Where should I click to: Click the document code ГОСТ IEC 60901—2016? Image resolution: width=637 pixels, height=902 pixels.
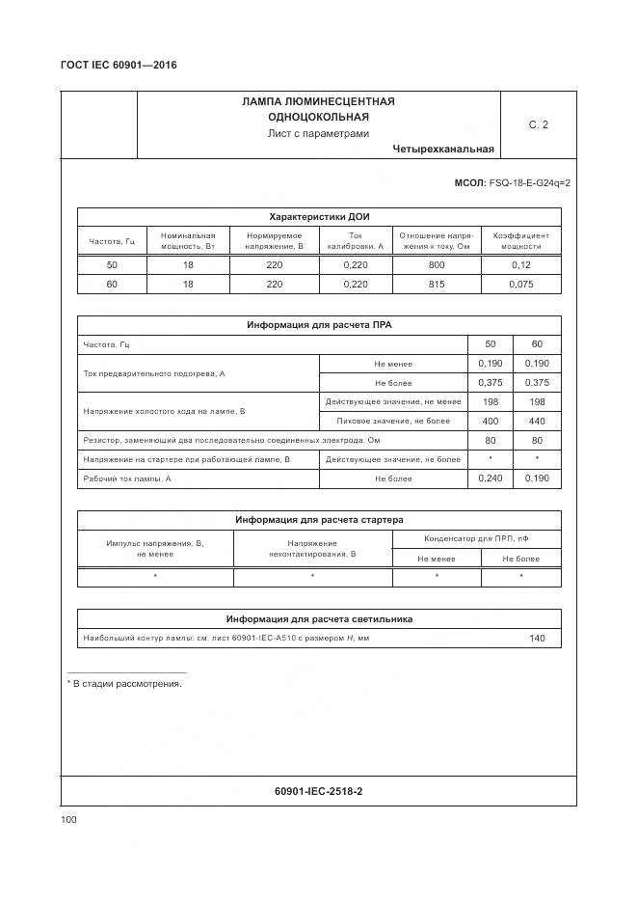[x=119, y=66]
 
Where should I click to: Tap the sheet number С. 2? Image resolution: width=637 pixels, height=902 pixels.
[x=538, y=124]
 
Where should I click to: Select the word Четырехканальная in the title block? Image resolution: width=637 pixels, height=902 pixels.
[x=443, y=149]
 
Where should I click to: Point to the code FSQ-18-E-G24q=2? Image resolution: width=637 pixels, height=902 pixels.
[x=529, y=182]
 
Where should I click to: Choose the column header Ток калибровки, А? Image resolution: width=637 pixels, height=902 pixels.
[x=356, y=240]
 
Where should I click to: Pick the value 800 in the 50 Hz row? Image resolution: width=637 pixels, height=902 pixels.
[x=437, y=264]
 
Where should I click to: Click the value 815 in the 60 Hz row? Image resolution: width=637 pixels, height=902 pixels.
[x=437, y=285]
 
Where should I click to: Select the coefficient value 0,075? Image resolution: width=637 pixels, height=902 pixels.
[x=521, y=285]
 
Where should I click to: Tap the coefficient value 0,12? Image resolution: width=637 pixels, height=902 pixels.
[x=521, y=264]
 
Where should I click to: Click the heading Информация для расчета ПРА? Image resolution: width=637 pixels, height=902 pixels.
[x=319, y=325]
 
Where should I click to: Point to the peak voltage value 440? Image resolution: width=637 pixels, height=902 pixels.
[x=537, y=421]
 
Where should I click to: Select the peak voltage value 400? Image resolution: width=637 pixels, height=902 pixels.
[x=491, y=421]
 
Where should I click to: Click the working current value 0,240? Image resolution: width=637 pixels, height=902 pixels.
[x=491, y=478]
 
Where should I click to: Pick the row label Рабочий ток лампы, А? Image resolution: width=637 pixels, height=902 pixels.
[x=127, y=478]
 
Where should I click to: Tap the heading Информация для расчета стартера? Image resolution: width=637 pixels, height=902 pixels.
[x=319, y=520]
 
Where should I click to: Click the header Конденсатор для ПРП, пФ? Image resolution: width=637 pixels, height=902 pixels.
[x=476, y=538]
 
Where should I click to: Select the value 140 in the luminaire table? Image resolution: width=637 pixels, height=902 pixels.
[x=537, y=639]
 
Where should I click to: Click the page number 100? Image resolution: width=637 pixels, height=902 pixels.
[x=68, y=819]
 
